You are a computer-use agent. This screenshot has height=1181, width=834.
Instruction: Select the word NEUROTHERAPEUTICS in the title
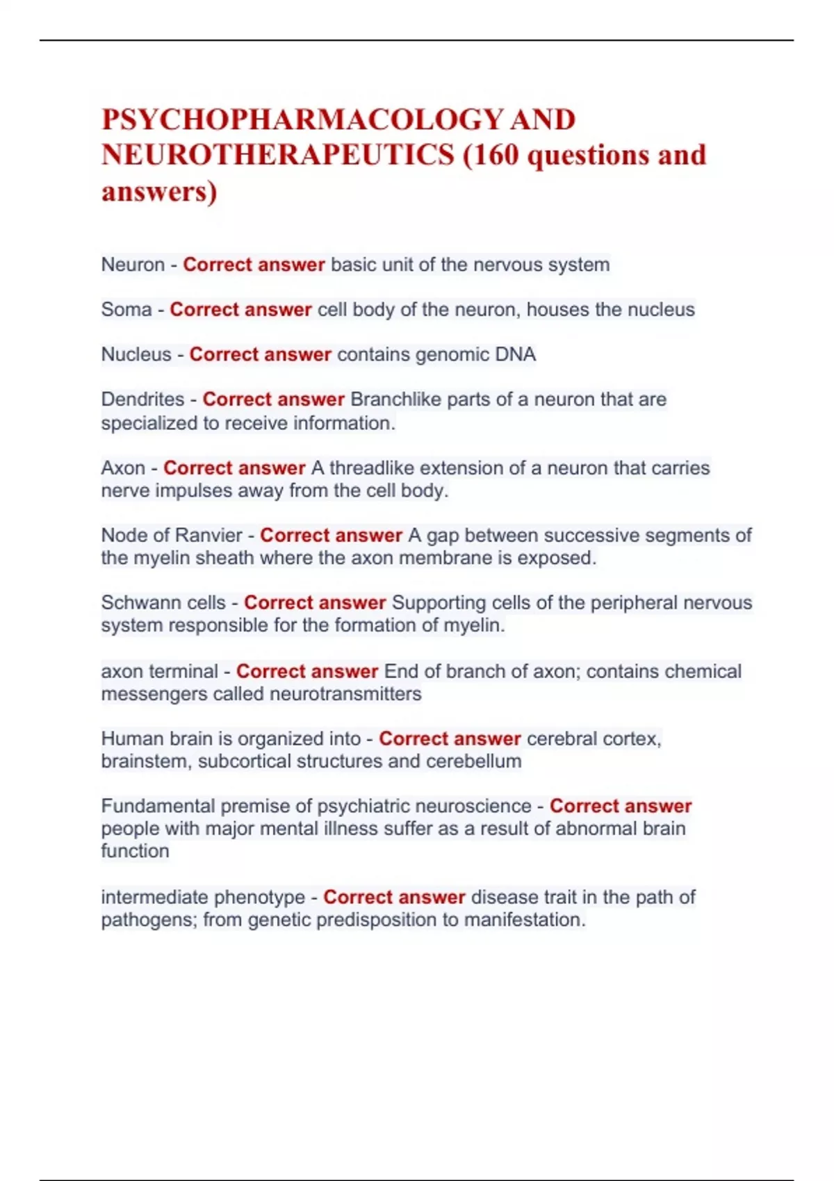[x=278, y=155]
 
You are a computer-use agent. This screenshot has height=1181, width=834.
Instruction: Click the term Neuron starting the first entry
[x=133, y=265]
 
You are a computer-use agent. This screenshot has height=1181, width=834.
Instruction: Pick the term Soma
[x=126, y=309]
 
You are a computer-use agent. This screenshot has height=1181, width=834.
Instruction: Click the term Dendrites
[x=142, y=399]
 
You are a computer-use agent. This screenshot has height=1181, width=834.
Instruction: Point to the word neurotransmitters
[x=345, y=694]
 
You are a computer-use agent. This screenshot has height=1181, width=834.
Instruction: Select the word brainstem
[x=145, y=761]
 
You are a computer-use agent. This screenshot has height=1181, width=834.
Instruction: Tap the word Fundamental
[x=158, y=806]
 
